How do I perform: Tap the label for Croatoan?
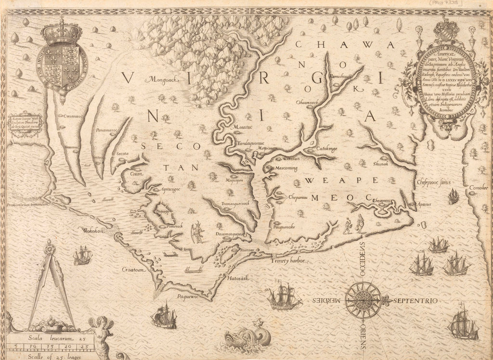coord(133,270)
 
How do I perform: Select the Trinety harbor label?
coord(288,261)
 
